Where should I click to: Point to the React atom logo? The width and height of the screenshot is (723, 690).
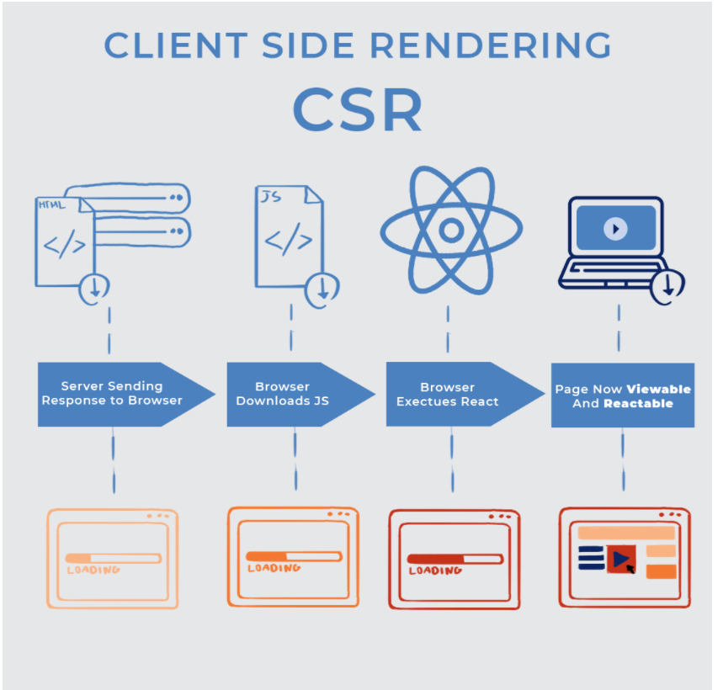point(451,230)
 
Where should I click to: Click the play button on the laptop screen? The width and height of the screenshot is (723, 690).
point(615,228)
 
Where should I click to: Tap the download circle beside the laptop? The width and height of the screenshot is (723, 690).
point(668,284)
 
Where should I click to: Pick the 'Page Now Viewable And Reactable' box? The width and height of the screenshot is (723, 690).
point(623,395)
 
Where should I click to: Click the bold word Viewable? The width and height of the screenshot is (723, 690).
point(658,389)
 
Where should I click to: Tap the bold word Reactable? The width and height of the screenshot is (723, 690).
point(638,403)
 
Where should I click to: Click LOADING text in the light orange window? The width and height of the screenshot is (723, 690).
point(93,570)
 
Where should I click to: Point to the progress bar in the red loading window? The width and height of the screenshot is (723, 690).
point(455,559)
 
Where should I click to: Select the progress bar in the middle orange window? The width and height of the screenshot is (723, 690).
point(293,556)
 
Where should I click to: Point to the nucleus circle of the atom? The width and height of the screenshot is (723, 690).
point(451,230)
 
